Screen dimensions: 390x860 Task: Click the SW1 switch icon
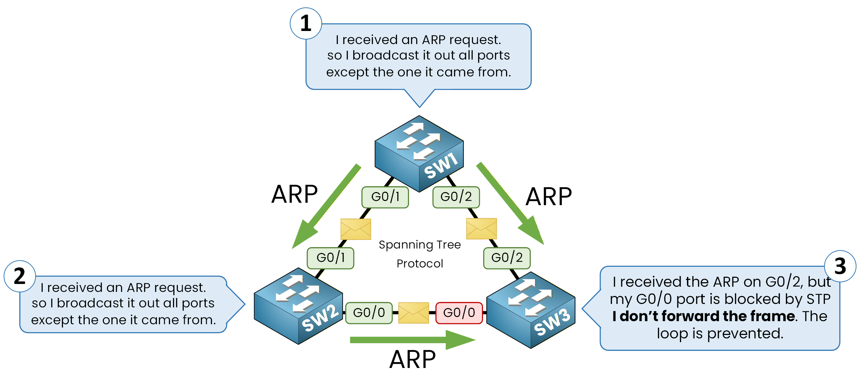point(419,153)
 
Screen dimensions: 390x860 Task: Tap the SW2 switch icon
point(298,306)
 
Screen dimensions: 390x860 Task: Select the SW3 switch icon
point(531,310)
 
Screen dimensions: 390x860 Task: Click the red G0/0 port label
point(459,313)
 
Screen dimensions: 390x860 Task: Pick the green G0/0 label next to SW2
point(369,313)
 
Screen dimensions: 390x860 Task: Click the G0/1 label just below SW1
point(385,197)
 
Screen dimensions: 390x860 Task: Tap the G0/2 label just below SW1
point(456,197)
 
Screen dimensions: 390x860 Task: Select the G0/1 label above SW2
point(330,258)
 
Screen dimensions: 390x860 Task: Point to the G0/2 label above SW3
point(507,258)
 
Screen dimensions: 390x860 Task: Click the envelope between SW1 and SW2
point(356,229)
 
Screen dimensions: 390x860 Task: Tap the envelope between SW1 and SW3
point(481,229)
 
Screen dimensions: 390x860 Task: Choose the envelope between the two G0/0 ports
point(413,313)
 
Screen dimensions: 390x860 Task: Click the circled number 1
point(306,23)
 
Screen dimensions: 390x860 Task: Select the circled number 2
point(20,276)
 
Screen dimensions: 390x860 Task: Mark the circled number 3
point(840,266)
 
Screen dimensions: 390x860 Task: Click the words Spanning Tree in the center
point(420,245)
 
